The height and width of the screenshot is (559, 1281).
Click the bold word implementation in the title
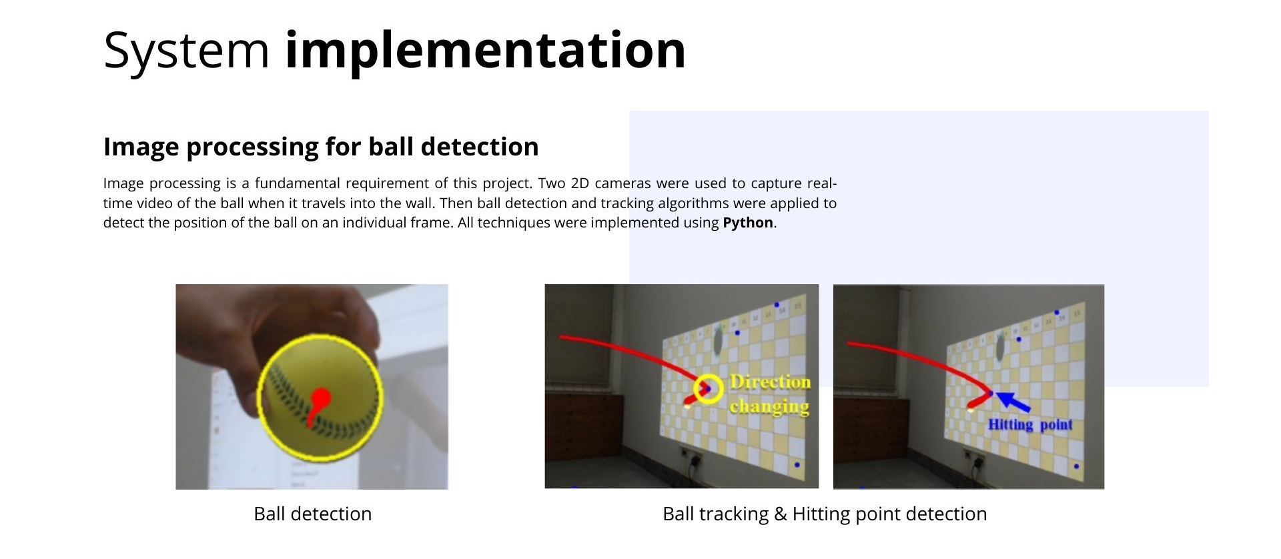[x=485, y=50]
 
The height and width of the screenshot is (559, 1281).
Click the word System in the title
[x=186, y=50]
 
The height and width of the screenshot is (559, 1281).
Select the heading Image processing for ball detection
[x=321, y=147]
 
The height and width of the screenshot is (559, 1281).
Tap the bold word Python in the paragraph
[x=748, y=223]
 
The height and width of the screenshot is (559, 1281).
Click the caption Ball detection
[x=313, y=514]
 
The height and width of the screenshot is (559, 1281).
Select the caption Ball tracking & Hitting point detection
[x=825, y=514]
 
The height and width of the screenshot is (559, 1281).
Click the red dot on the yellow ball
[x=322, y=398]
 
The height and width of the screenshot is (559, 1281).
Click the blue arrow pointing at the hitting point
[x=1013, y=401]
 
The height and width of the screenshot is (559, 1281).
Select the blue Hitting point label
[x=1030, y=425]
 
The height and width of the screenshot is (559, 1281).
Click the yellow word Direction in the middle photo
[x=771, y=382]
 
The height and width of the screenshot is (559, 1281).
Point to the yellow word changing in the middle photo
[x=769, y=406]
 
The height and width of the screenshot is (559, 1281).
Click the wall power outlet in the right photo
[x=975, y=458]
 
